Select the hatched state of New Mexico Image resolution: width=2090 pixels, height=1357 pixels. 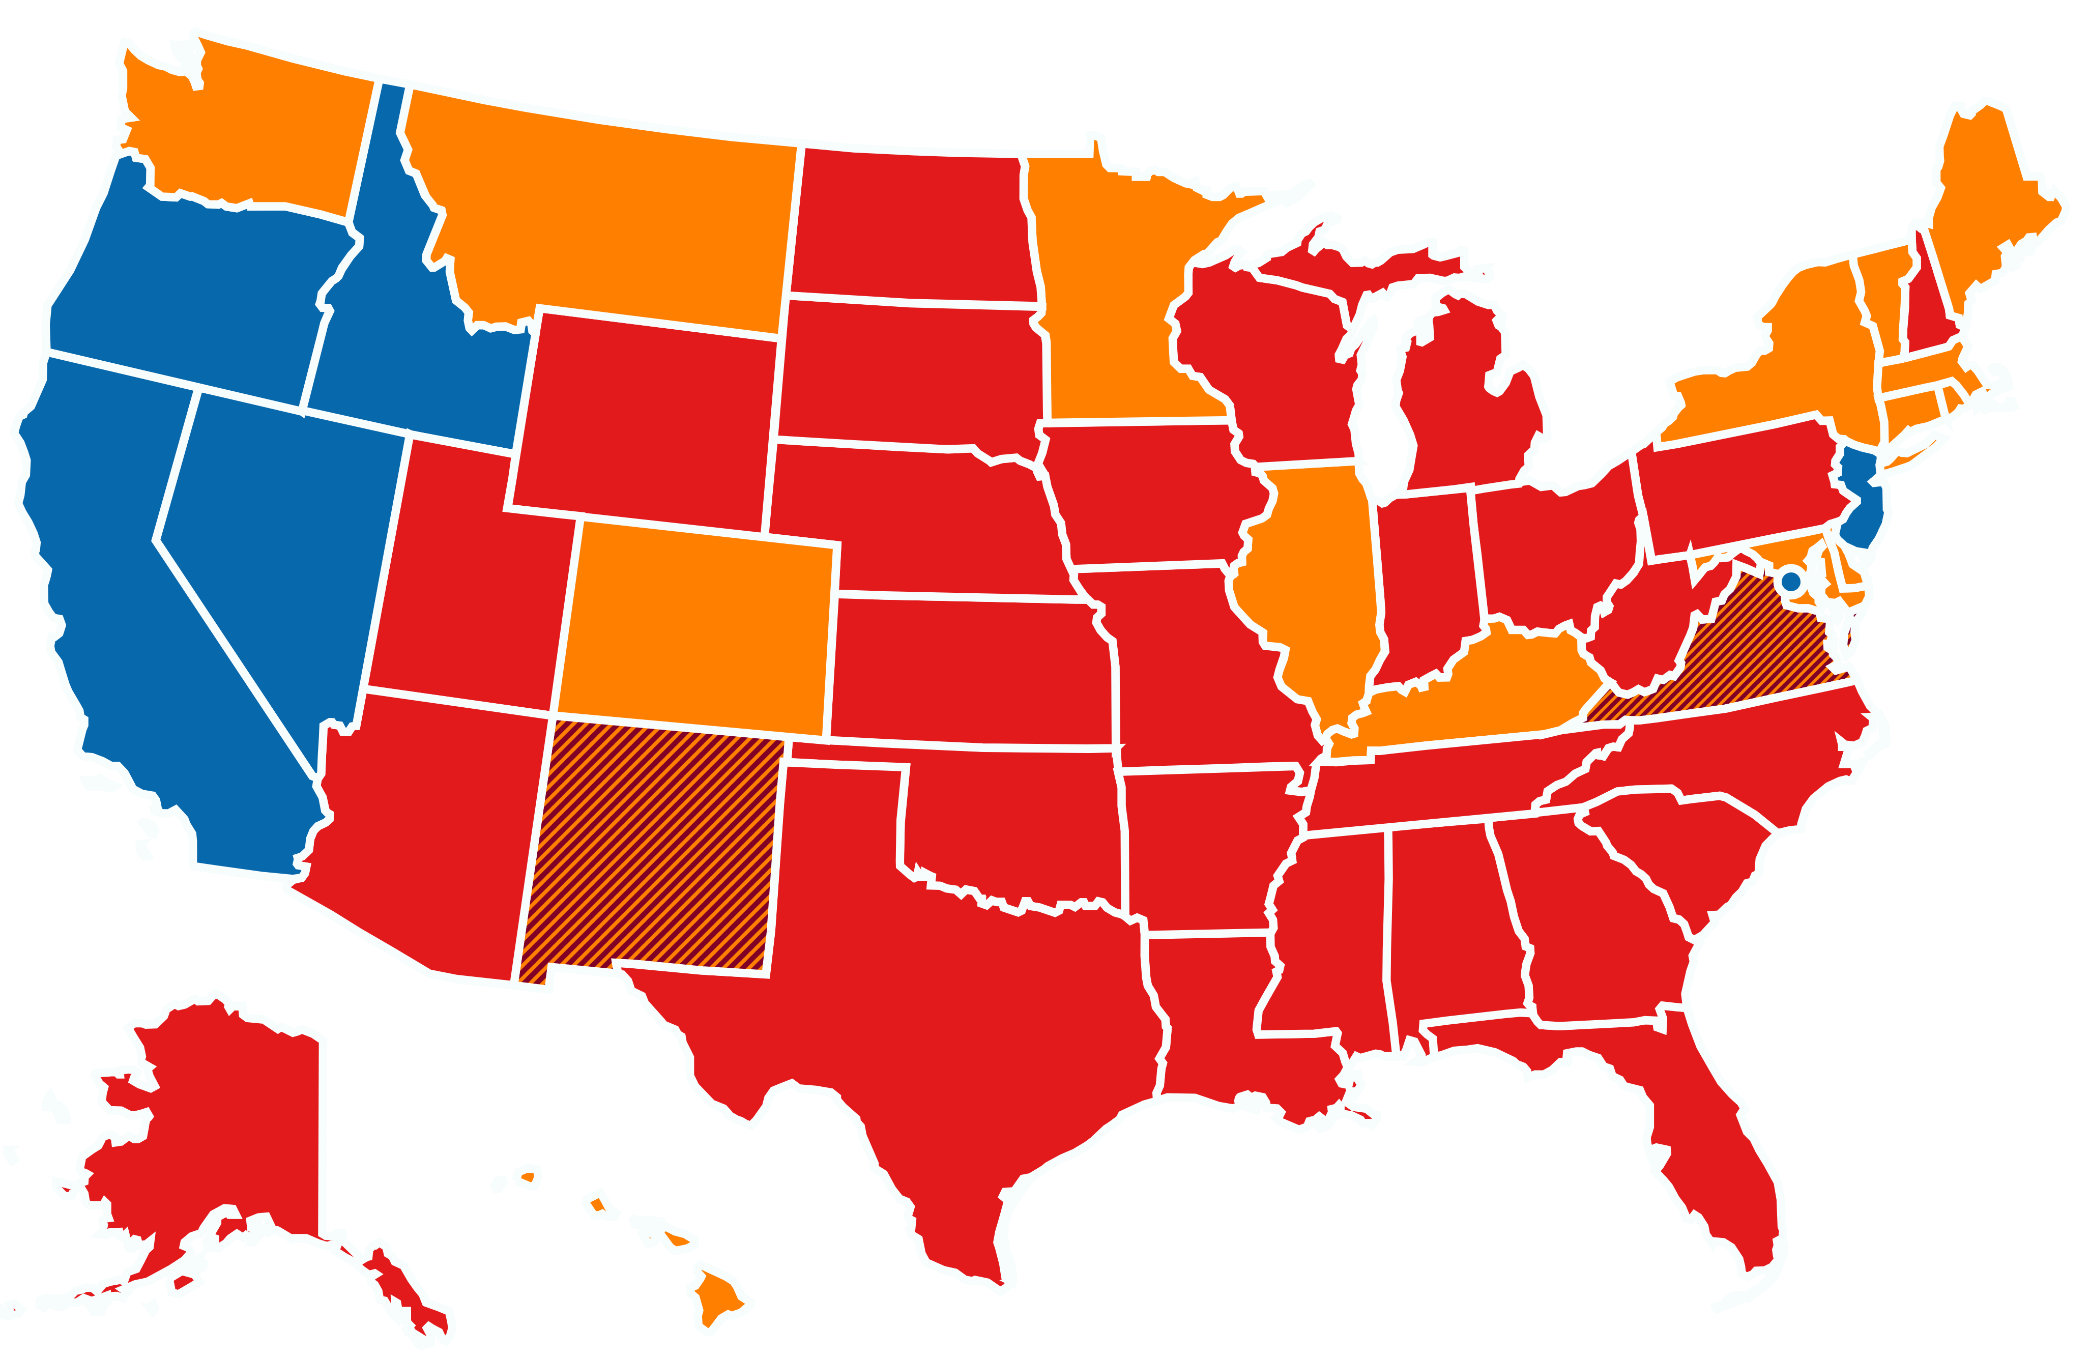(x=654, y=848)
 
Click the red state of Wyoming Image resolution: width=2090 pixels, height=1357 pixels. (x=646, y=417)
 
